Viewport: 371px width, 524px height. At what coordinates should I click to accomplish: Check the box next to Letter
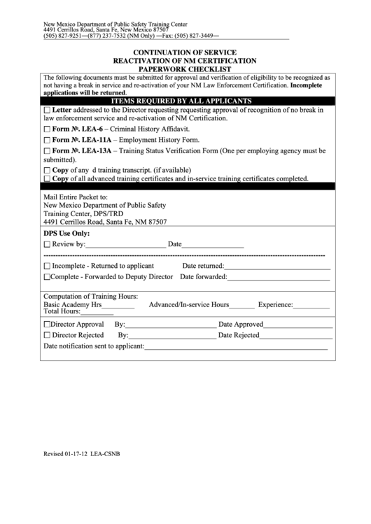pyautogui.click(x=47, y=111)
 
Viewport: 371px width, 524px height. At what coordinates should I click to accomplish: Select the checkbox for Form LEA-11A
pyautogui.click(x=47, y=141)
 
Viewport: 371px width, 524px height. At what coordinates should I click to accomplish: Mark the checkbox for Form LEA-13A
pyautogui.click(x=47, y=151)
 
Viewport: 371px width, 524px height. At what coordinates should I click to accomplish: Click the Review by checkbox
pyautogui.click(x=47, y=245)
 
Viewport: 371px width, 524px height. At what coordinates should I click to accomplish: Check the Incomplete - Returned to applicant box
pyautogui.click(x=47, y=267)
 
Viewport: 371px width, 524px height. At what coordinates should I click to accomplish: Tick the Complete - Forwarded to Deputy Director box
pyautogui.click(x=47, y=277)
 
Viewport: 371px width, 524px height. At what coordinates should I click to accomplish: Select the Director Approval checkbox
pyautogui.click(x=47, y=325)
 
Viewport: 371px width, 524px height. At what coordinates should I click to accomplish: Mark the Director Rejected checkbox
pyautogui.click(x=47, y=336)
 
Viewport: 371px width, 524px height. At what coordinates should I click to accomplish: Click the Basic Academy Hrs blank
pyautogui.click(x=118, y=306)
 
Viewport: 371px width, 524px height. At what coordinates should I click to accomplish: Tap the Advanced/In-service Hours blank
pyautogui.click(x=242, y=306)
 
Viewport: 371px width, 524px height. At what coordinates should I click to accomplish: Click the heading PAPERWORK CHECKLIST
pyautogui.click(x=185, y=69)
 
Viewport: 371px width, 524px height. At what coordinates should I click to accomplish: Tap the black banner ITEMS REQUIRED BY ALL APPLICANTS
pyautogui.click(x=185, y=101)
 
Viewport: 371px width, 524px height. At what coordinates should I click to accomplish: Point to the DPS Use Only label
pyautogui.click(x=66, y=233)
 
